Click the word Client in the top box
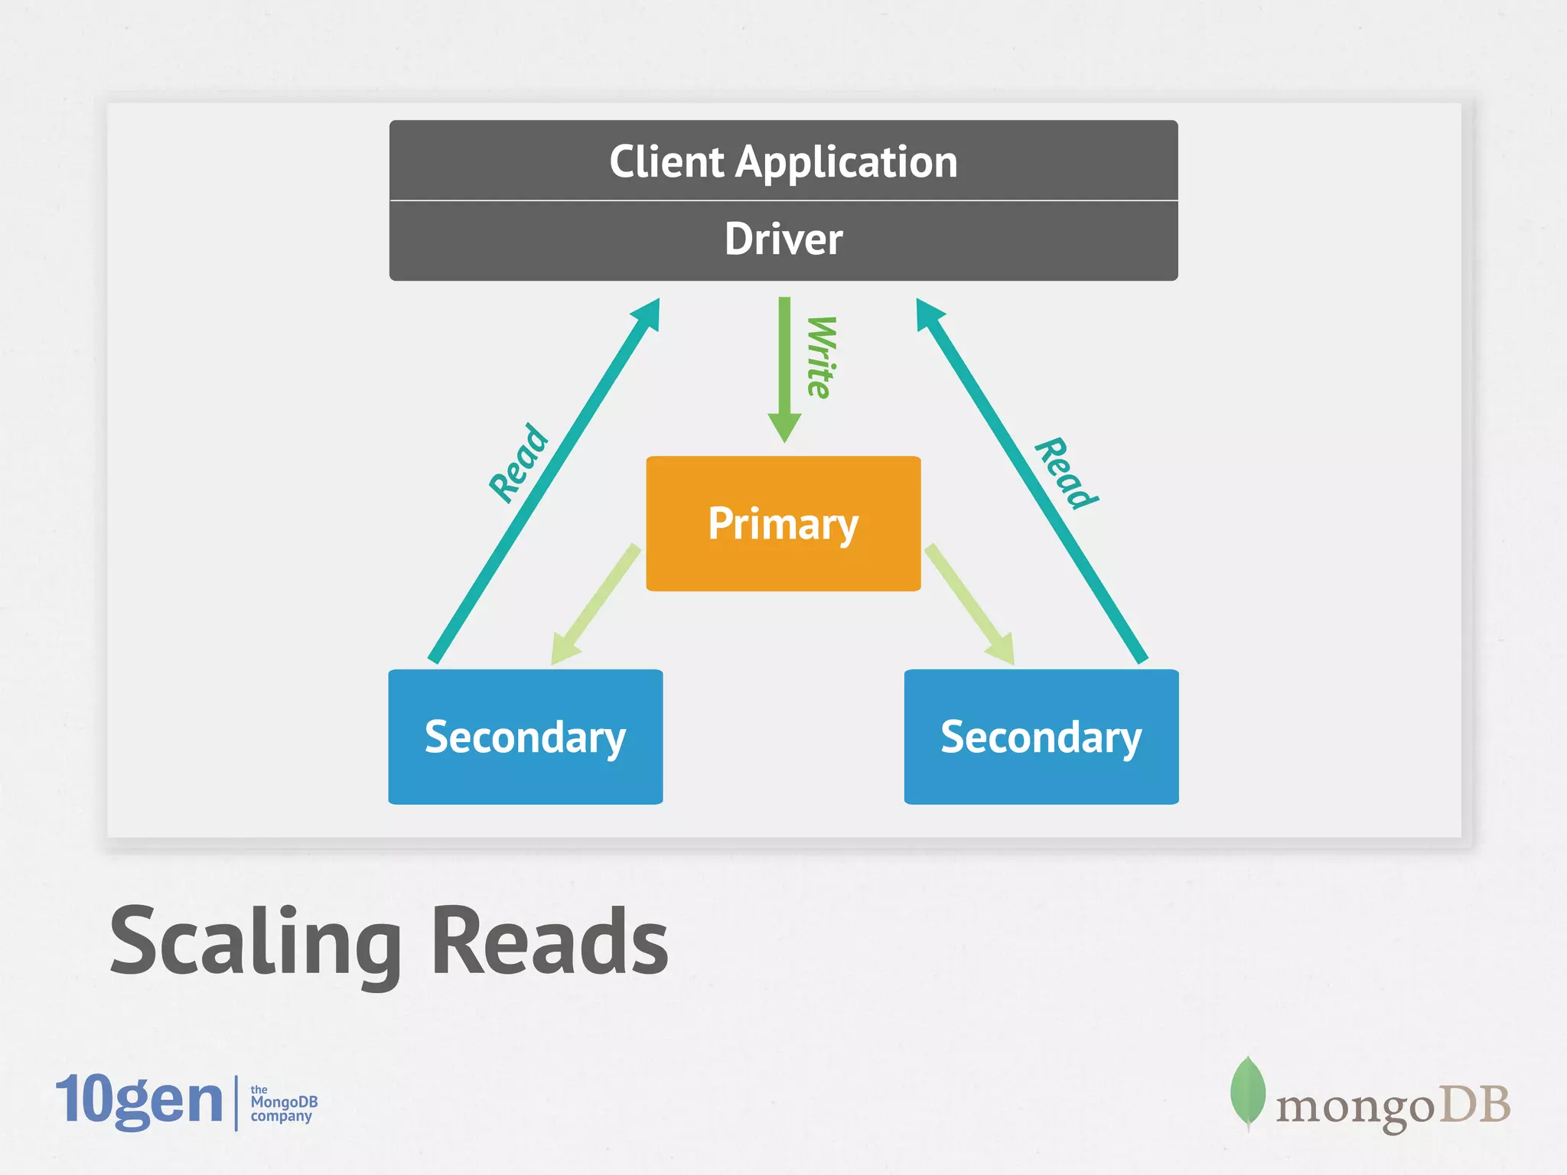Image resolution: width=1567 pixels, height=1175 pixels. click(666, 162)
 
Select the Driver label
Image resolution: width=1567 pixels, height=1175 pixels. click(783, 239)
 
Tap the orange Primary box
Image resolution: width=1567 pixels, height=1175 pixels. click(783, 524)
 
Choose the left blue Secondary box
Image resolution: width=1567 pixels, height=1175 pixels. click(526, 737)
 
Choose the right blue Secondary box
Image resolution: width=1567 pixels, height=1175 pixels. click(1041, 737)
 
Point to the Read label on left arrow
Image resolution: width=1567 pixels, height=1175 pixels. click(520, 463)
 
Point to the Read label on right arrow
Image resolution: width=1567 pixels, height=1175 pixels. click(1066, 473)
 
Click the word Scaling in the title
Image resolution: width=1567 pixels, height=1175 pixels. click(256, 941)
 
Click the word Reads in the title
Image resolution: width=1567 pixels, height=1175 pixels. click(549, 941)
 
